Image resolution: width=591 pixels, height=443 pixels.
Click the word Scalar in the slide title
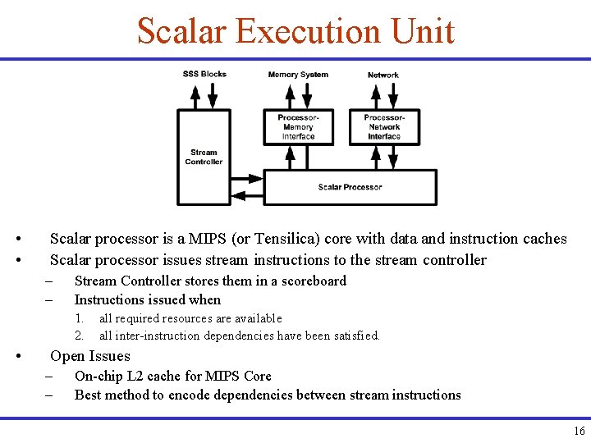[x=181, y=32]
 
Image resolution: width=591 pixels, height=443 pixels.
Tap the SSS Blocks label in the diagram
[x=204, y=74]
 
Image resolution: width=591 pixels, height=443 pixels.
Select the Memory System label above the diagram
[x=298, y=75]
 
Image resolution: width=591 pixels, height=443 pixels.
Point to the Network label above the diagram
[x=383, y=75]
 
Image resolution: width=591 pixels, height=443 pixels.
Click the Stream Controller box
[x=204, y=157]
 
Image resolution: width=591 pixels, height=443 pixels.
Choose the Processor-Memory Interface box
[x=298, y=127]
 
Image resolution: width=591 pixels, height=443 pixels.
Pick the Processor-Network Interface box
[x=384, y=127]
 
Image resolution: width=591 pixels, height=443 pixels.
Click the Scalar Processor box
[x=350, y=187]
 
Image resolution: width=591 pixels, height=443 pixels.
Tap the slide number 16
[x=579, y=432]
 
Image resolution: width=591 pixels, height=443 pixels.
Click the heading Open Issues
[x=90, y=356]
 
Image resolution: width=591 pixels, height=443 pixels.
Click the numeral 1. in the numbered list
[x=79, y=318]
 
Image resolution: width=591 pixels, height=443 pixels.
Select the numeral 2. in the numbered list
[x=79, y=336]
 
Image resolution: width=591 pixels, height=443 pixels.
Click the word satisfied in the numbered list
[x=355, y=336]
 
